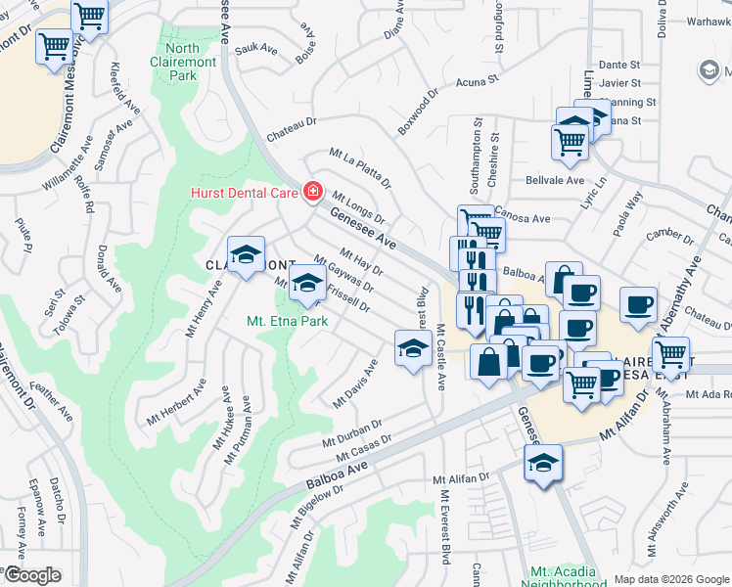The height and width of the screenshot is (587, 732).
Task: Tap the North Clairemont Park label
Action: [x=183, y=61]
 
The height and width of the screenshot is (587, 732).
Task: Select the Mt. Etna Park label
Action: [x=287, y=320]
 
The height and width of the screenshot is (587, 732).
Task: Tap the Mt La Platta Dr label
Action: [x=360, y=168]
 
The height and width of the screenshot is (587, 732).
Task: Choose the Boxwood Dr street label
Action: [x=419, y=116]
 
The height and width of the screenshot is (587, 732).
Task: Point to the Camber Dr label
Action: [x=670, y=235]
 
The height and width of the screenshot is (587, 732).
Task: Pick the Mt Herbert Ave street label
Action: [x=176, y=402]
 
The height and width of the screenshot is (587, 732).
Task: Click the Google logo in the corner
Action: [x=32, y=575]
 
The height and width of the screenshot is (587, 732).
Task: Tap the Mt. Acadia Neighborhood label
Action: [x=568, y=577]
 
